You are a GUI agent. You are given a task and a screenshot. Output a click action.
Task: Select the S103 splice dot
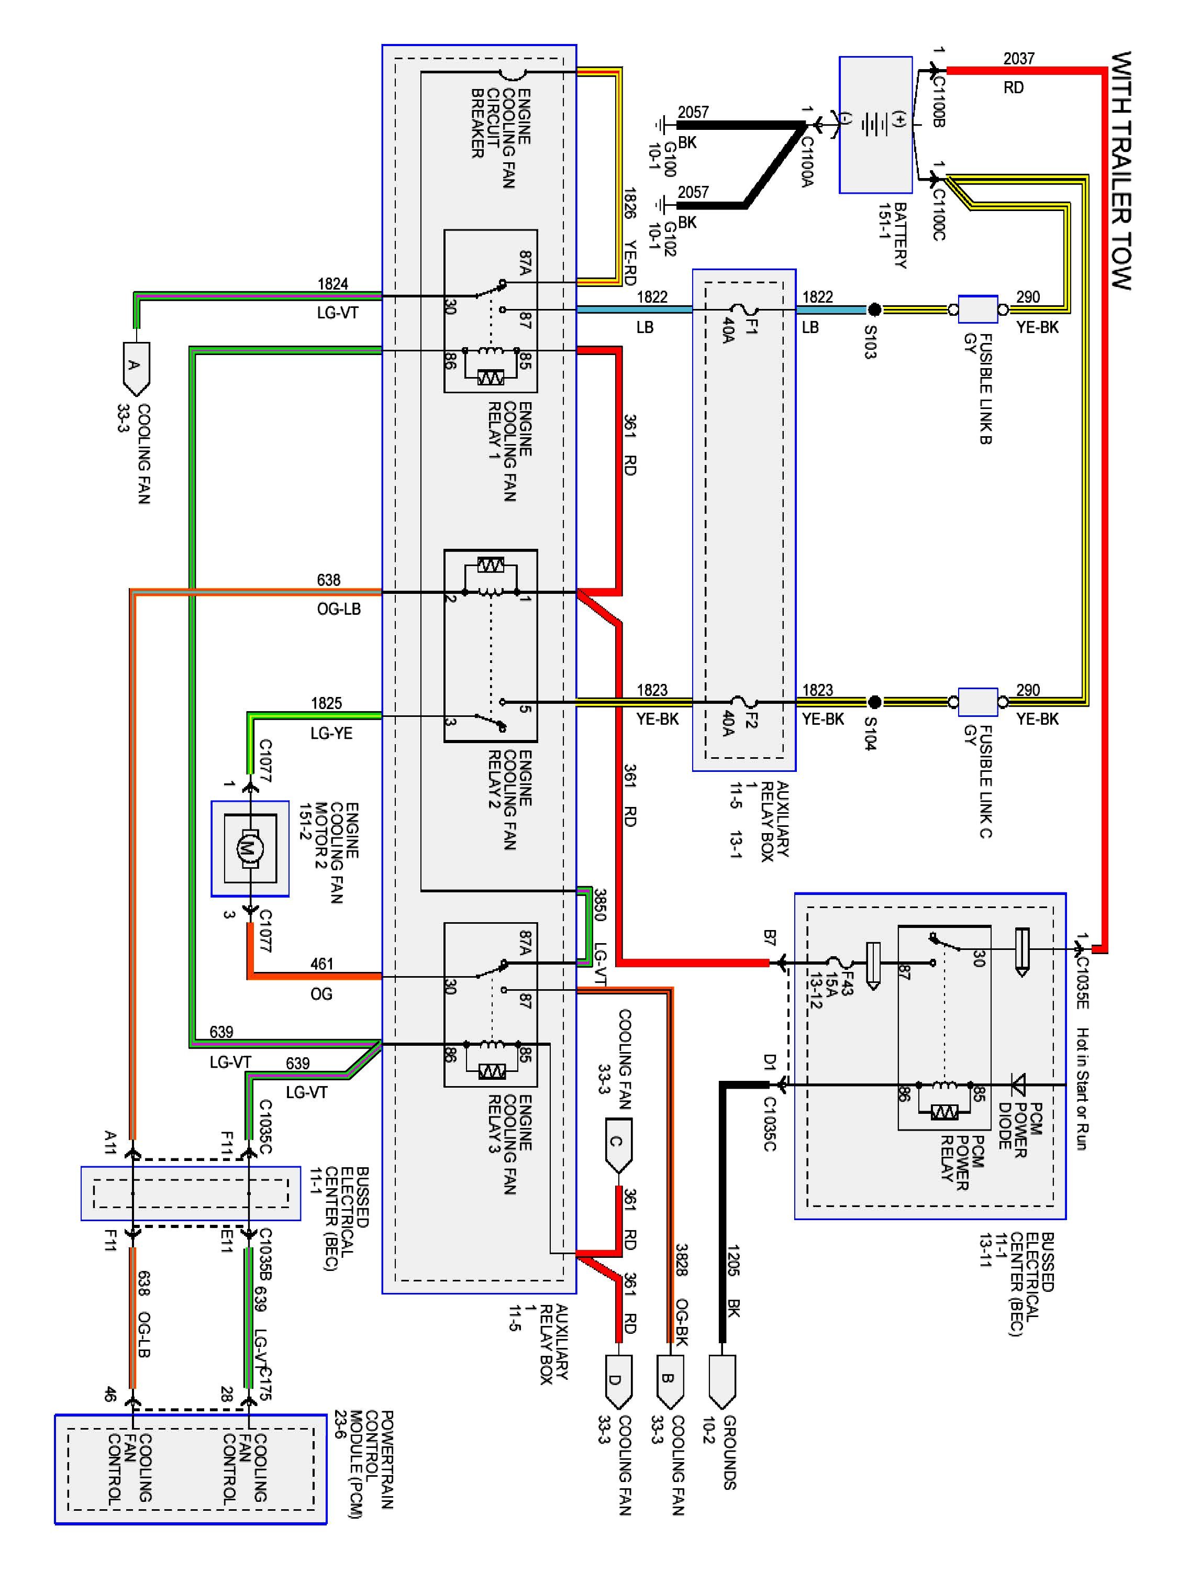[x=875, y=309]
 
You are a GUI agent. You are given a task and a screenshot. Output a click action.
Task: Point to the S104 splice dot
[x=875, y=702]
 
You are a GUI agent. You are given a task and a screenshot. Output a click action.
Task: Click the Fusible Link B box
[x=978, y=309]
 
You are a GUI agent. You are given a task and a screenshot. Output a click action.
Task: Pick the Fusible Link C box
[x=978, y=702]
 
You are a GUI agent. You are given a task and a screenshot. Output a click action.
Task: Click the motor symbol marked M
[x=249, y=847]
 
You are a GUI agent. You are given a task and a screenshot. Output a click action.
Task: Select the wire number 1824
[x=332, y=284]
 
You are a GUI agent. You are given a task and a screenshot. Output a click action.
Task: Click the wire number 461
[x=321, y=964]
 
